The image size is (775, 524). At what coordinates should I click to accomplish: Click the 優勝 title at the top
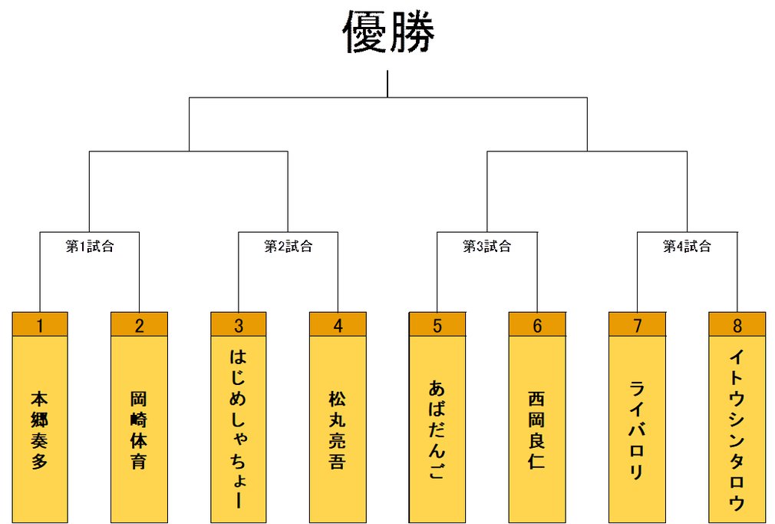pos(388,32)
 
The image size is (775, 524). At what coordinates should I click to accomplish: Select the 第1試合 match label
pos(89,247)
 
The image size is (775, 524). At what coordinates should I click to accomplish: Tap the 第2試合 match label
pos(289,247)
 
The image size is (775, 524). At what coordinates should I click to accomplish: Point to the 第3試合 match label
pos(486,247)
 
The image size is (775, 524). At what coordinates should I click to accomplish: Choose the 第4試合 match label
pos(687,247)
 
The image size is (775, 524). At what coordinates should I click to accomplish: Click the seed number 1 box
pos(40,325)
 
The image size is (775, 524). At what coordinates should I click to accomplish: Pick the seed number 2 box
pos(139,325)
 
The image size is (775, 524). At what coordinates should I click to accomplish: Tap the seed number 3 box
pos(239,325)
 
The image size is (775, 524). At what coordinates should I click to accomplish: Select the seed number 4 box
pos(338,325)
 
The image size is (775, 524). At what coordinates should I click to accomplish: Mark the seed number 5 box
pos(437,325)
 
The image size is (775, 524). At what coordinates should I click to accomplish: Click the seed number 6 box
pos(537,325)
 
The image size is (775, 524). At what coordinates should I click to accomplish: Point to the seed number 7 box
pos(637,325)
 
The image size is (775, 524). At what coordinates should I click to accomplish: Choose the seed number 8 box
pos(737,325)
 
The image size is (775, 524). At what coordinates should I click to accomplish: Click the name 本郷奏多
pos(40,430)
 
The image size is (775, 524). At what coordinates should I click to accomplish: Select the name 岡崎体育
pos(139,430)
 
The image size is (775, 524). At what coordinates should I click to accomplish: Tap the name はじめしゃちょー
pos(239,430)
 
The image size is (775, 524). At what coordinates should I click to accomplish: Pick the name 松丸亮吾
pos(338,430)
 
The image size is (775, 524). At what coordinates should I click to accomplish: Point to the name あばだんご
pos(437,430)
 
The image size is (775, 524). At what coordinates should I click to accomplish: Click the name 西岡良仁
pos(537,430)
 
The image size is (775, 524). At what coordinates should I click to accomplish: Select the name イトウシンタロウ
pos(737,430)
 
